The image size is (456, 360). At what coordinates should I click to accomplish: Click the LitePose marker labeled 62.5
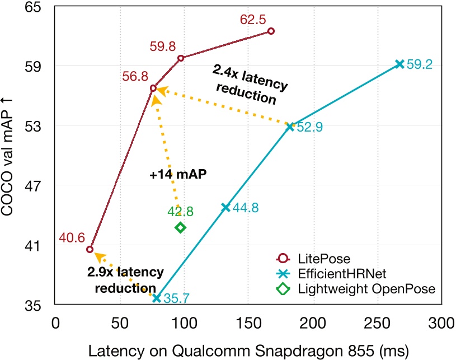point(271,31)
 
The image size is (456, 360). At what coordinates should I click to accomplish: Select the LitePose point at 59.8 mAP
point(181,58)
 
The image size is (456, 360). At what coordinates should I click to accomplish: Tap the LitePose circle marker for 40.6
point(90,249)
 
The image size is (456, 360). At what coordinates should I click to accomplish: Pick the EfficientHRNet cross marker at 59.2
point(399,64)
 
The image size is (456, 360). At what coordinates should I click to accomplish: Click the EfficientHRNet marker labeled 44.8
point(225,208)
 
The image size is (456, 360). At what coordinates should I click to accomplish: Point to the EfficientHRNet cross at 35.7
point(157,298)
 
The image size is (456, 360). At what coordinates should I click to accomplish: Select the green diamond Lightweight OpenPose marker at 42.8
point(180,227)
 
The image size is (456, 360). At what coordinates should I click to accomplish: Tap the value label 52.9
point(310,128)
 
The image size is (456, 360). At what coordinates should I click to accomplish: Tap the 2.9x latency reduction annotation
point(125,279)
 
